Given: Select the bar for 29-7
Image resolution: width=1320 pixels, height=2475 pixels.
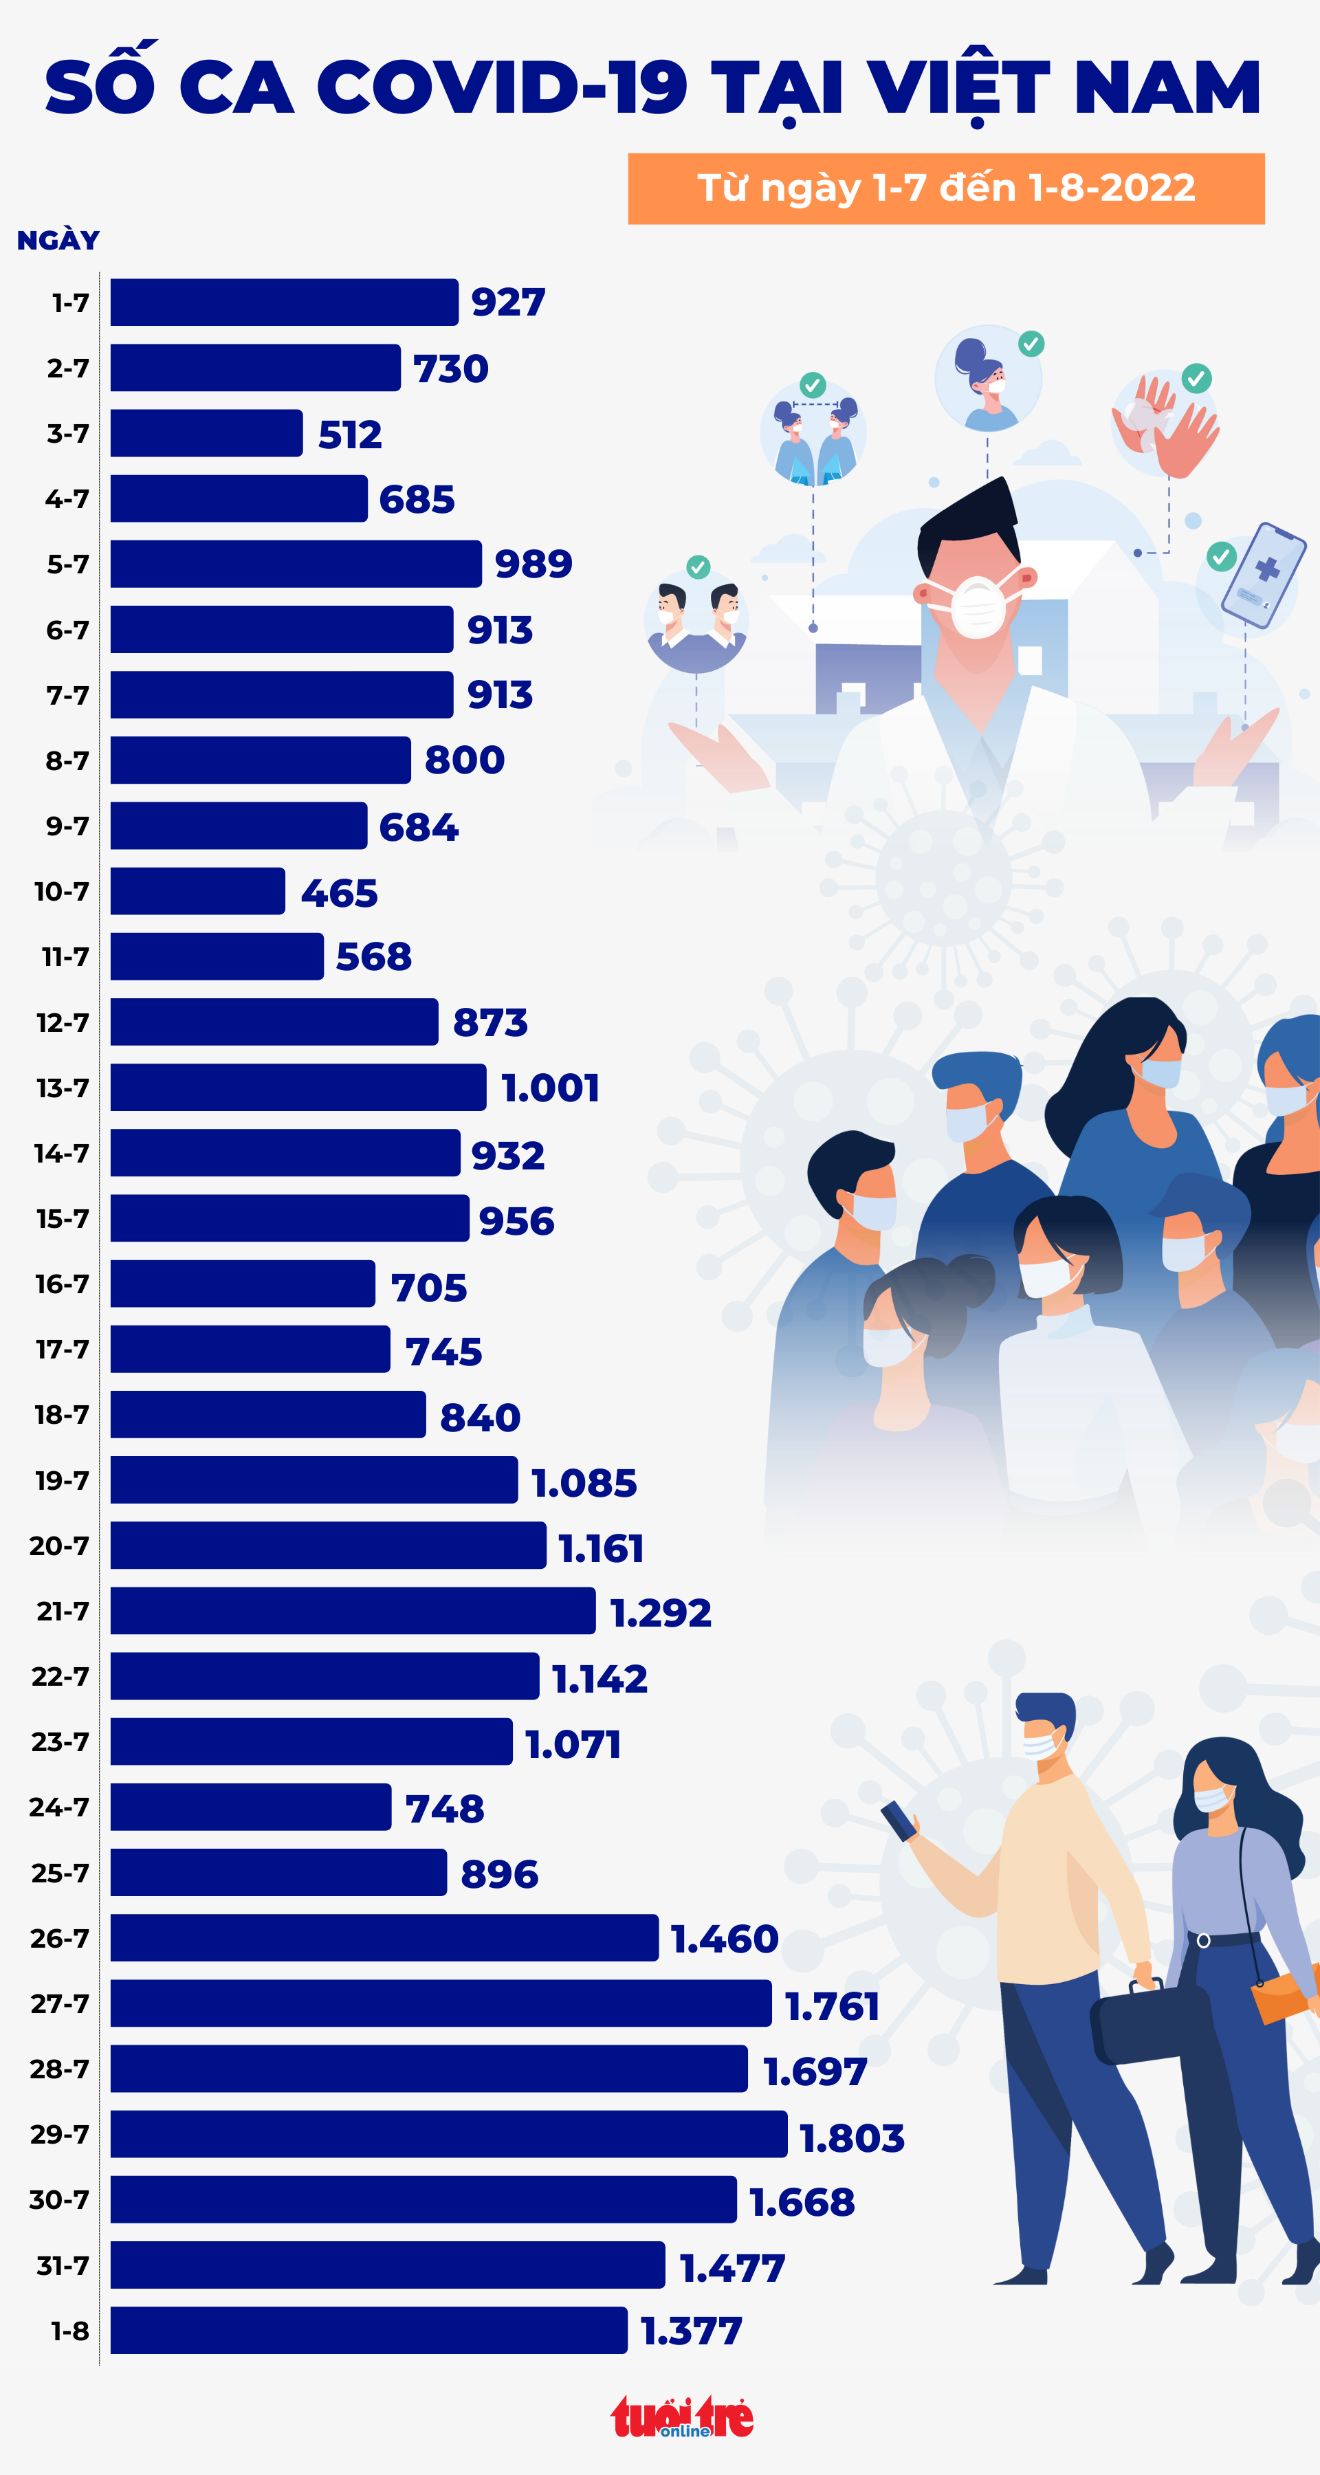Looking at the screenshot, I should [449, 2134].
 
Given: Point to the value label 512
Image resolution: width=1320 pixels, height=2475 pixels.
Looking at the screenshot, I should [350, 434].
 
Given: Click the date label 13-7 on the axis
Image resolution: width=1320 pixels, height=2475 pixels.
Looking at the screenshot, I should [63, 1088].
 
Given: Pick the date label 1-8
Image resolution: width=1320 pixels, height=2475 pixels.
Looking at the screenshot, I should [69, 2331].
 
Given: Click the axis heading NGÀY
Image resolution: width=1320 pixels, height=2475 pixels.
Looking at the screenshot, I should [58, 240].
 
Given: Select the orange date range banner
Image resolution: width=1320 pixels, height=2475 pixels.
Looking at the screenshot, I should [945, 188].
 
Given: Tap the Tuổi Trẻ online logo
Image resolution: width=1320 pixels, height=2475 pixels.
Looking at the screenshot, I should [682, 2417].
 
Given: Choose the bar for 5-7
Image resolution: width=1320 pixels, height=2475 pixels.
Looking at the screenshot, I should [296, 564].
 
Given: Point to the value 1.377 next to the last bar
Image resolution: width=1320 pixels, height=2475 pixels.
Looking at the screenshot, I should [692, 2331].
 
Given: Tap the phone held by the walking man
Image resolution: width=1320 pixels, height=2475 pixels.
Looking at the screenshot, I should [899, 1820].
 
